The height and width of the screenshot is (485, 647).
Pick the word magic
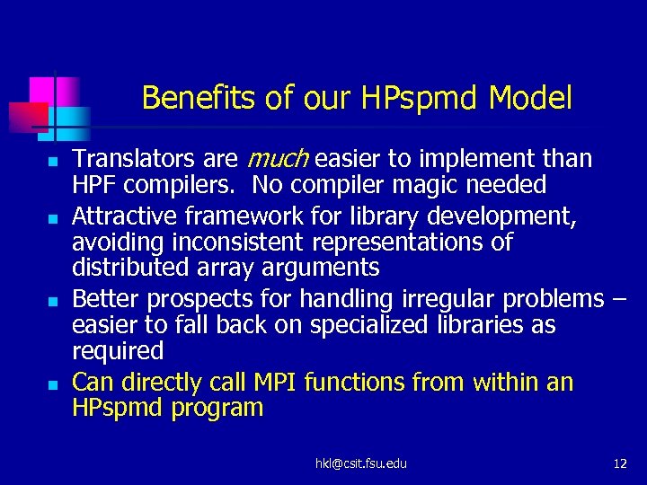(429, 185)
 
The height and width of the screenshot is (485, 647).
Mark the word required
(118, 349)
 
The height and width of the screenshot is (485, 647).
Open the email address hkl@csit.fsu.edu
(360, 463)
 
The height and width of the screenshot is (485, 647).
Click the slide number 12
(619, 463)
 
